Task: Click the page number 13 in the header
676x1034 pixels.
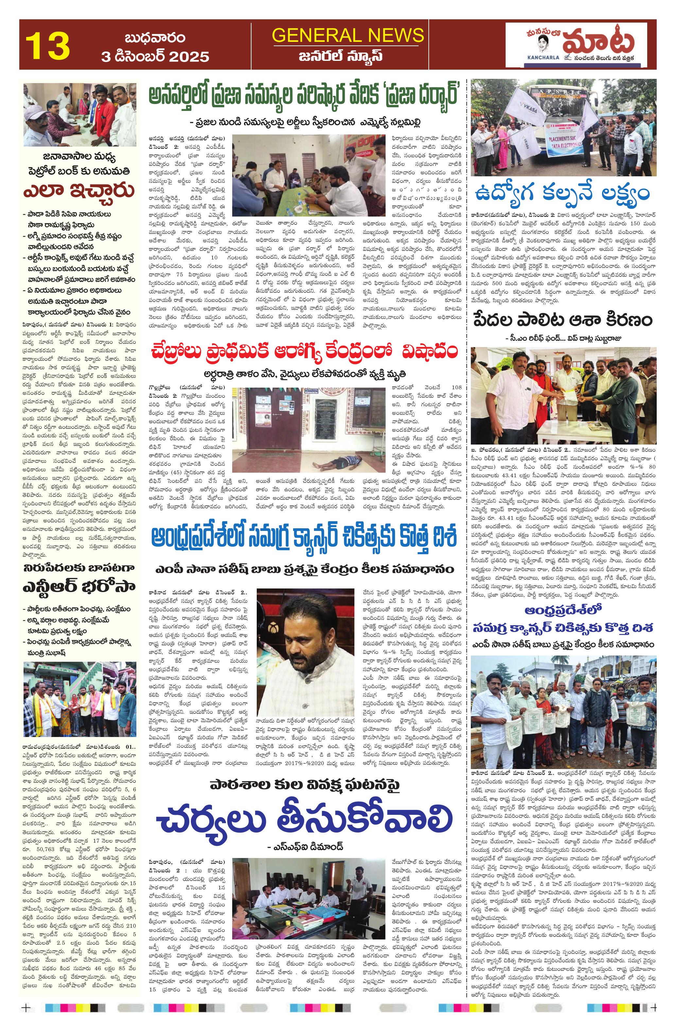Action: pyautogui.click(x=47, y=45)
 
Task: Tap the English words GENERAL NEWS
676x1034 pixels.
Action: pyautogui.click(x=348, y=36)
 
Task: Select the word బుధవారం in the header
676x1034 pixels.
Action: pyautogui.click(x=155, y=38)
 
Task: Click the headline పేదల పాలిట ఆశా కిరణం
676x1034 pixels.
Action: pyautogui.click(x=563, y=321)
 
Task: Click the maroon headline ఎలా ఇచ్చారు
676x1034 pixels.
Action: pyautogui.click(x=79, y=190)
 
